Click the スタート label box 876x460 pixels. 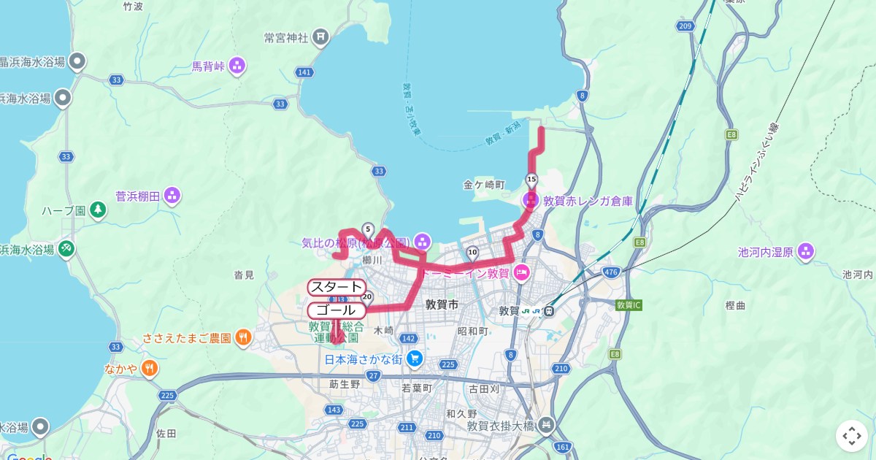[337, 287]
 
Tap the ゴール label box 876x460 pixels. [337, 310]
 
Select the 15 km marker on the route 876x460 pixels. [531, 180]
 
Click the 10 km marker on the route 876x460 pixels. [472, 253]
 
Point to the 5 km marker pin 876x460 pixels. [368, 229]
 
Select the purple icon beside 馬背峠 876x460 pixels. [237, 67]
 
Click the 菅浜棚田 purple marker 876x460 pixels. [172, 195]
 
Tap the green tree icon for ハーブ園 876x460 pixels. [98, 210]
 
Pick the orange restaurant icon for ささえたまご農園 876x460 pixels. [243, 337]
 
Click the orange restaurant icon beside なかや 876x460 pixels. [150, 368]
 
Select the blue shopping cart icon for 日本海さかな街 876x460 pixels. [415, 359]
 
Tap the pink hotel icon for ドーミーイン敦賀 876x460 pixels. [521, 273]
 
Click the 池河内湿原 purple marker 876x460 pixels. [805, 252]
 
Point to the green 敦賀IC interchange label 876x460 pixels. [629, 304]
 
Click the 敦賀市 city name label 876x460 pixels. [442, 305]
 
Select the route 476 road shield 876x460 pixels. [610, 272]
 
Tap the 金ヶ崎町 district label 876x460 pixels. [484, 185]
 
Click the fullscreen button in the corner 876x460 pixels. [852, 436]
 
